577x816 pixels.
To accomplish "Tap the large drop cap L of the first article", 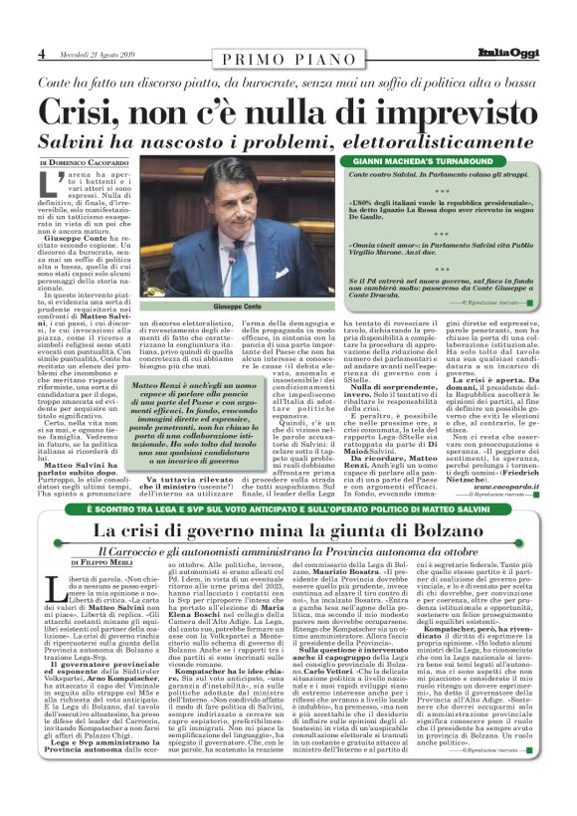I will pyautogui.click(x=48, y=185).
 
